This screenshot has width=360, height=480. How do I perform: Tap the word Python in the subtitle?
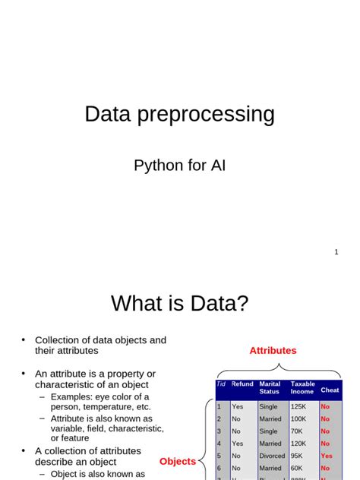pyautogui.click(x=157, y=166)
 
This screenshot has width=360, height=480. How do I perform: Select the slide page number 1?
pyautogui.click(x=336, y=252)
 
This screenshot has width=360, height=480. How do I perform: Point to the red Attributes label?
pyautogui.click(x=273, y=351)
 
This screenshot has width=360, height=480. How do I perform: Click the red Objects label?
pyautogui.click(x=177, y=462)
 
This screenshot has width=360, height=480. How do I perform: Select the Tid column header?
pyautogui.click(x=221, y=384)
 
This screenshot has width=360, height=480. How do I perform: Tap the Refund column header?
pyautogui.click(x=242, y=384)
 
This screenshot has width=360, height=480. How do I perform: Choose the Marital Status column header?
pyautogui.click(x=270, y=388)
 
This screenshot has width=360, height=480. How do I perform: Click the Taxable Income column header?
pyautogui.click(x=302, y=388)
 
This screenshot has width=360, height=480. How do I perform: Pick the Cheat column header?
pyautogui.click(x=330, y=390)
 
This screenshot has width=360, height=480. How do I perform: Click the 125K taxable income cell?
pyautogui.click(x=299, y=406)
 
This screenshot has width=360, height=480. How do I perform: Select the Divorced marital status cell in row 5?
pyautogui.click(x=272, y=456)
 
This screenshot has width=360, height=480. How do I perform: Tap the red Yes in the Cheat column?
pyautogui.click(x=327, y=456)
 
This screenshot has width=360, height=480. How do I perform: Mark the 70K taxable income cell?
pyautogui.click(x=297, y=431)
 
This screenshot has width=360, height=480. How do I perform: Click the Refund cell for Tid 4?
pyautogui.click(x=237, y=444)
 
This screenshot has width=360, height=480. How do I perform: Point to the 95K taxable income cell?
pyautogui.click(x=297, y=456)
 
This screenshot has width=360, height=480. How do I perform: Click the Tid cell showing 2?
pyautogui.click(x=219, y=418)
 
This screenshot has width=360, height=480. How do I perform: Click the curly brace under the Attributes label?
pyautogui.click(x=278, y=372)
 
